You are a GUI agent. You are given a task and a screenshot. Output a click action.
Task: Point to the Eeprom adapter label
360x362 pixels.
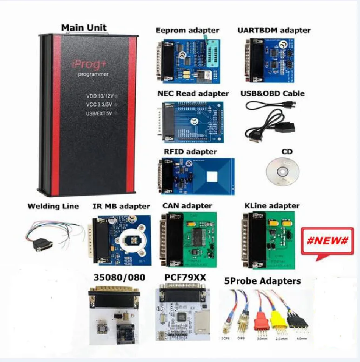tap(187, 30)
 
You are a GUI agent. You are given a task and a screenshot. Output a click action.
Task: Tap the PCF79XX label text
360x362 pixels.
tap(185, 278)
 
